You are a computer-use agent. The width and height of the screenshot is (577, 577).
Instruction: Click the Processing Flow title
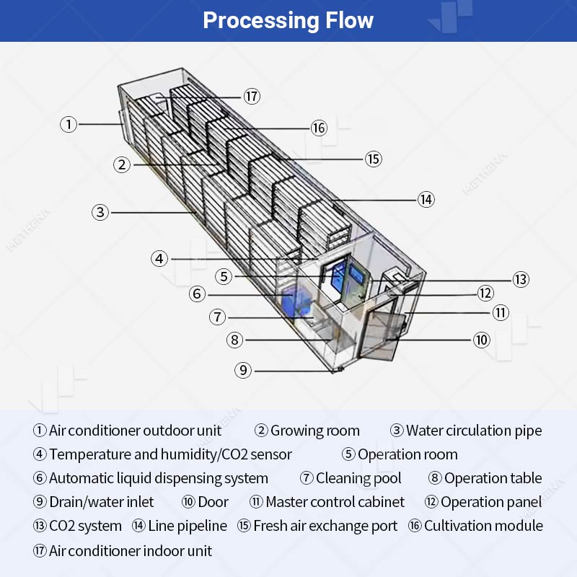click(288, 20)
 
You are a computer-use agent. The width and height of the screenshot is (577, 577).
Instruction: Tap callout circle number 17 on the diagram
click(251, 96)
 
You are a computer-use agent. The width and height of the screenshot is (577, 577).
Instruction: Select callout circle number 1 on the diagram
click(68, 124)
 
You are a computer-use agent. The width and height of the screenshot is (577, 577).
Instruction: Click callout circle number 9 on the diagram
click(244, 370)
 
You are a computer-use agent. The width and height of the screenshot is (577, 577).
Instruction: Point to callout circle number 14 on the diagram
click(426, 199)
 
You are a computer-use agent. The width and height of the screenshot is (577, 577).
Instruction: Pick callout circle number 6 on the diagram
click(198, 294)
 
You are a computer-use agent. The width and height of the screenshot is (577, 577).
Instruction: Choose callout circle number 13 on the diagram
click(521, 279)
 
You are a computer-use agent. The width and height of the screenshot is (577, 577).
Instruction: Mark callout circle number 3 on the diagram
click(100, 212)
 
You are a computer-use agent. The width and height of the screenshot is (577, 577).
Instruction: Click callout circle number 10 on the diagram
click(481, 340)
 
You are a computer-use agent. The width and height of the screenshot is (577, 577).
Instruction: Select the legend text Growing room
click(314, 431)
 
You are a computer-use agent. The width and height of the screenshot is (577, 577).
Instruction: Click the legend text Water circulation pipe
click(474, 431)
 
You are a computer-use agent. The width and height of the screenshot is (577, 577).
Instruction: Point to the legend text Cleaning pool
click(358, 478)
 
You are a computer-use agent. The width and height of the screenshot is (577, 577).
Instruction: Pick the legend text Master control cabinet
click(335, 502)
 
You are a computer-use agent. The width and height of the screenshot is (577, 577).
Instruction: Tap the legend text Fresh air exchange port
click(325, 527)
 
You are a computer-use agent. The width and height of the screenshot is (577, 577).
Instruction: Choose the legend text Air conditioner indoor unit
click(131, 552)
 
